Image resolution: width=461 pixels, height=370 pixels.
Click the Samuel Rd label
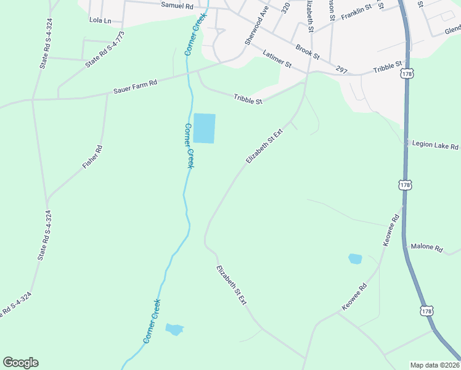[x=177, y=5]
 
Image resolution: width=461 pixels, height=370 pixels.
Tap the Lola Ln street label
[x=100, y=20]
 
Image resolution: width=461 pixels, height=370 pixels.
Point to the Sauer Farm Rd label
[x=135, y=87]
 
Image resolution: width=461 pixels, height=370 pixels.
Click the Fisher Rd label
[x=92, y=157]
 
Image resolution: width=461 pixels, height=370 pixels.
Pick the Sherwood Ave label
[x=257, y=25]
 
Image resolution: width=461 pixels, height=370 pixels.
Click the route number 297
[x=342, y=70]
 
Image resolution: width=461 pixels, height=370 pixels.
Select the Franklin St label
[x=357, y=11]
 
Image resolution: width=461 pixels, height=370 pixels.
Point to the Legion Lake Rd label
[x=436, y=146]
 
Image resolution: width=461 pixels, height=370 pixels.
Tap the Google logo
[x=20, y=363]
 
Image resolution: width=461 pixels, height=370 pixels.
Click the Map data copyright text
[x=435, y=364]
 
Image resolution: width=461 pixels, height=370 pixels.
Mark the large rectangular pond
[x=205, y=128]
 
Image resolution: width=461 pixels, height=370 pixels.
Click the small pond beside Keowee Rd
[x=355, y=259]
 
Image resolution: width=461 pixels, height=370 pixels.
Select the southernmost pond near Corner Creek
[x=174, y=329]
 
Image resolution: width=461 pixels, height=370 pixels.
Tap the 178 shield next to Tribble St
[x=406, y=74]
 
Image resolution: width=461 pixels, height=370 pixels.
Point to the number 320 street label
[x=285, y=7]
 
